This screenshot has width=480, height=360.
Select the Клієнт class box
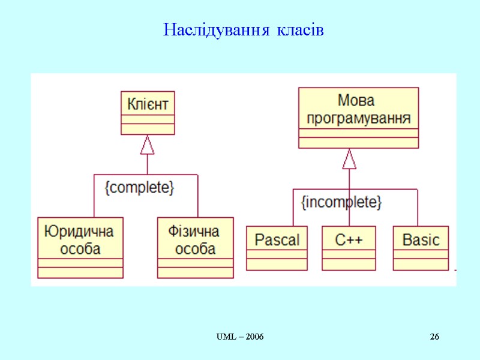point(148,113)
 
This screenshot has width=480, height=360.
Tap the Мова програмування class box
point(359,118)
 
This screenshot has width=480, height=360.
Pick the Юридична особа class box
point(80,247)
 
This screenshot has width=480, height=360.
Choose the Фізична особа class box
point(195,247)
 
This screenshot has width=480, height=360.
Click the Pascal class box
point(277,248)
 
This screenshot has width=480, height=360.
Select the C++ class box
point(349,248)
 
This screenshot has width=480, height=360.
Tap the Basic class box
point(421,248)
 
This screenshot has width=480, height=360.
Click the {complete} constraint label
point(139,188)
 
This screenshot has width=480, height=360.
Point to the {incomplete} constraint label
point(341,202)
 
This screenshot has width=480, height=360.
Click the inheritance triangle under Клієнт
point(148,145)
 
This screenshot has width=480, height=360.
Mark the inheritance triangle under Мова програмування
point(349,159)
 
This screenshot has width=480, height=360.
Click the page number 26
point(434,337)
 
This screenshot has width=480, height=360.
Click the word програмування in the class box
point(359,118)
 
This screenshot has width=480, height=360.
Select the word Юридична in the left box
point(80,232)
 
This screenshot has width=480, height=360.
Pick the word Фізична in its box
point(195,232)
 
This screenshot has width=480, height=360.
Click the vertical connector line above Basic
point(418,208)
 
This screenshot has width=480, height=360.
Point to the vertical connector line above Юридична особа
point(94,196)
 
